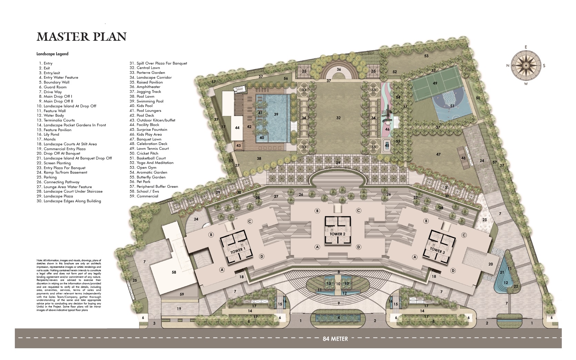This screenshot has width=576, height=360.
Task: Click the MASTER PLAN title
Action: [81, 37]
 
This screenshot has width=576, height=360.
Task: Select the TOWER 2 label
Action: [337, 234]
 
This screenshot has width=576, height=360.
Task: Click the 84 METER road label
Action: [335, 339]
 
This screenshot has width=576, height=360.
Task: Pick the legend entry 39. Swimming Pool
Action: [150, 101]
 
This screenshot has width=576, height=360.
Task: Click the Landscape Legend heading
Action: [52, 54]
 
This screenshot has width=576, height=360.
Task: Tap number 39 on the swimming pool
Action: [276, 114]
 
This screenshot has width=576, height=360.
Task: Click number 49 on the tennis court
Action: [435, 83]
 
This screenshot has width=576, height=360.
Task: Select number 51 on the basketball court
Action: [452, 106]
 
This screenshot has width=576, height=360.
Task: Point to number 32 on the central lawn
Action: [338, 118]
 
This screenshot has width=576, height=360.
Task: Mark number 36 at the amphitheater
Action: [339, 69]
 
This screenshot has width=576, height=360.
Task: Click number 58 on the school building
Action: [174, 272]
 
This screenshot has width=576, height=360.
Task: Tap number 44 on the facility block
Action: [237, 128]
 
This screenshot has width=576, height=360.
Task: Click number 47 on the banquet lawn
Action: [438, 154]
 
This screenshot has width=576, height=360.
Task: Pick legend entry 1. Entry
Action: [46, 63]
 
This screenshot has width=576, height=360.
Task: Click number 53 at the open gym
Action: [426, 56]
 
